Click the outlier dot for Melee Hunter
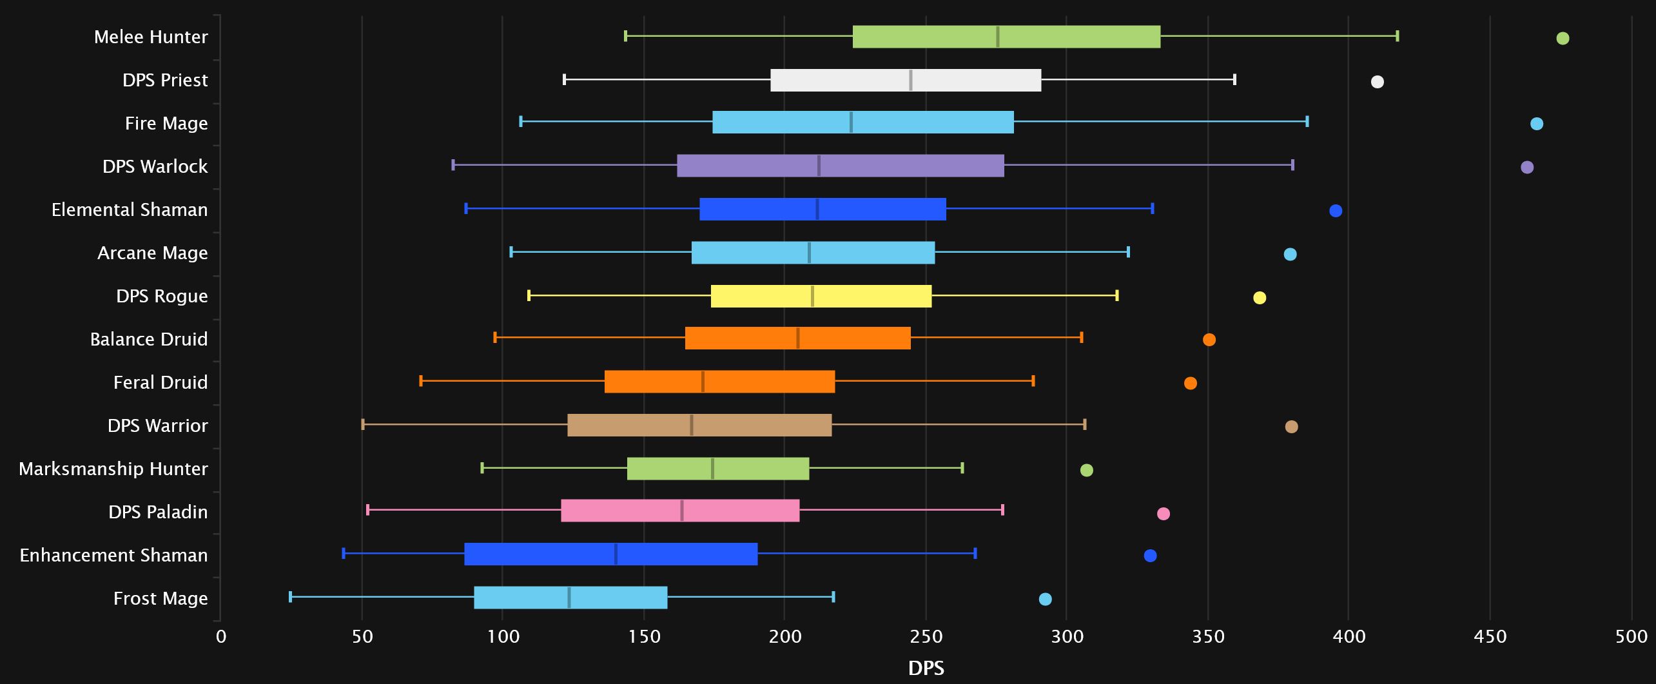(1563, 38)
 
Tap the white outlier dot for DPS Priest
(1378, 81)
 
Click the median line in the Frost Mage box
(569, 598)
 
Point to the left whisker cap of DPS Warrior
(363, 424)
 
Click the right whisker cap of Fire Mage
(1307, 121)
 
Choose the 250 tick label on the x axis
(926, 637)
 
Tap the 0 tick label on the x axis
(221, 637)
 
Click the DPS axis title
(926, 668)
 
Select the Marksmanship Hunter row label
(113, 469)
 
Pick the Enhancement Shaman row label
(113, 555)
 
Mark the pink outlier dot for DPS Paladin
(1164, 514)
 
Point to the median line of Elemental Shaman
(817, 210)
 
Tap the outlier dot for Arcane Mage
(1290, 254)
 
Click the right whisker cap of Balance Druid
(1082, 337)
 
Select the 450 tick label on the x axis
(1490, 637)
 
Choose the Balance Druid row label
(149, 339)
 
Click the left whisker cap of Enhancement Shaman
(344, 553)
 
